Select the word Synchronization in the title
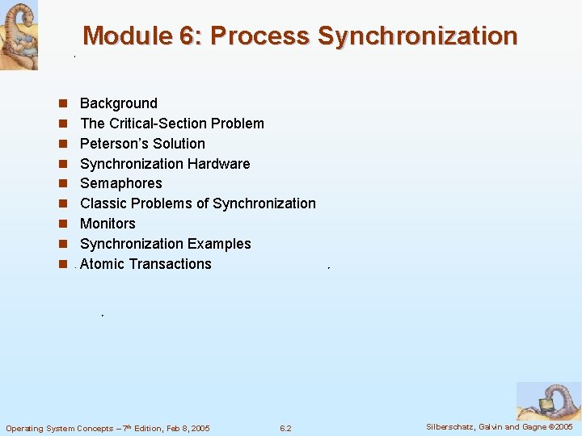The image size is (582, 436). coord(417,36)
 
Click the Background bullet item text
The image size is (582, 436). coord(119,103)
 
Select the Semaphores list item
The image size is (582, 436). coord(121,183)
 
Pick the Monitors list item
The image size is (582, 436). coord(108,224)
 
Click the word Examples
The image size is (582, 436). coord(219,244)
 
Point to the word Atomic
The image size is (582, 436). coord(103,264)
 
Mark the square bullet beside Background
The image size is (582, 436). coord(61,104)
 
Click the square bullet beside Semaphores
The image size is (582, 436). coord(61,184)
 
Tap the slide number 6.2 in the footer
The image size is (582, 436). coord(285,428)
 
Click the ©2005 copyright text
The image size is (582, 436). coord(559,426)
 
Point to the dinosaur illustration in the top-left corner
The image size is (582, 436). coord(19,35)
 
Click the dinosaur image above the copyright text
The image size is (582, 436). coord(547,400)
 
